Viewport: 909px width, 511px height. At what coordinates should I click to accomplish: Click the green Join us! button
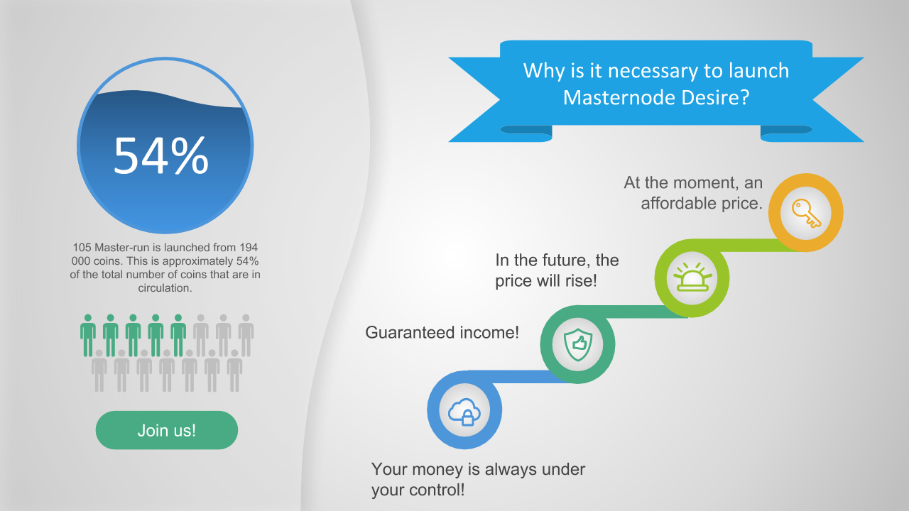167,430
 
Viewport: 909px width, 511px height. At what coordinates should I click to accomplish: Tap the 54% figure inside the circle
161,155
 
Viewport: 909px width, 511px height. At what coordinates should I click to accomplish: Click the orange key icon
806,213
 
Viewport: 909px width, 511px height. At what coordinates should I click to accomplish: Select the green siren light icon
692,278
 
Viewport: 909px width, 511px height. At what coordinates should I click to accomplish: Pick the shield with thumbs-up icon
578,344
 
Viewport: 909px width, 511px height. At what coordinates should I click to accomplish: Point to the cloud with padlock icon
464,411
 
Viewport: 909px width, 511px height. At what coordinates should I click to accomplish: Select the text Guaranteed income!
442,333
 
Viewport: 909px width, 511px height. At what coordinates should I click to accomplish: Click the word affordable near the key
678,203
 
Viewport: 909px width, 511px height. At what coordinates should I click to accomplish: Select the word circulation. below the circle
165,288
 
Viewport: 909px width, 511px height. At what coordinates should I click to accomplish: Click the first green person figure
88,336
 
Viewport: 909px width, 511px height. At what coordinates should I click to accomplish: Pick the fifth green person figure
178,336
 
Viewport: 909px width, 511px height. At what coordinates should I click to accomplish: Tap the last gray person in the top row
246,336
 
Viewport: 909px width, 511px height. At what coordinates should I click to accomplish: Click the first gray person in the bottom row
99,370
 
